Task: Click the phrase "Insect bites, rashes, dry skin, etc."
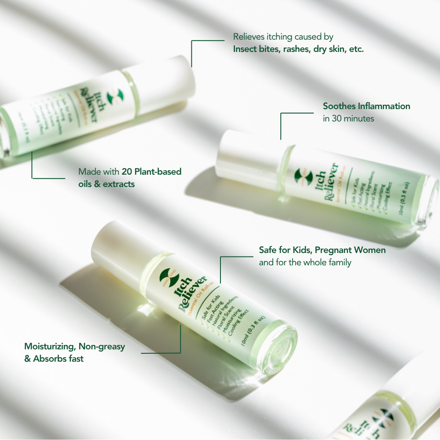[x=298, y=49]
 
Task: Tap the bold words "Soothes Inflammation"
[x=367, y=106]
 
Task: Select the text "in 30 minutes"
[x=348, y=118]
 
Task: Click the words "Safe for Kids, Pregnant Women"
[x=322, y=250]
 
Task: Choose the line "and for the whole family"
[x=305, y=263]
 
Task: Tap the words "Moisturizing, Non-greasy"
[x=74, y=346]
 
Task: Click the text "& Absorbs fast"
[x=54, y=359]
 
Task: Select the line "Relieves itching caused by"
[x=283, y=37]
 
